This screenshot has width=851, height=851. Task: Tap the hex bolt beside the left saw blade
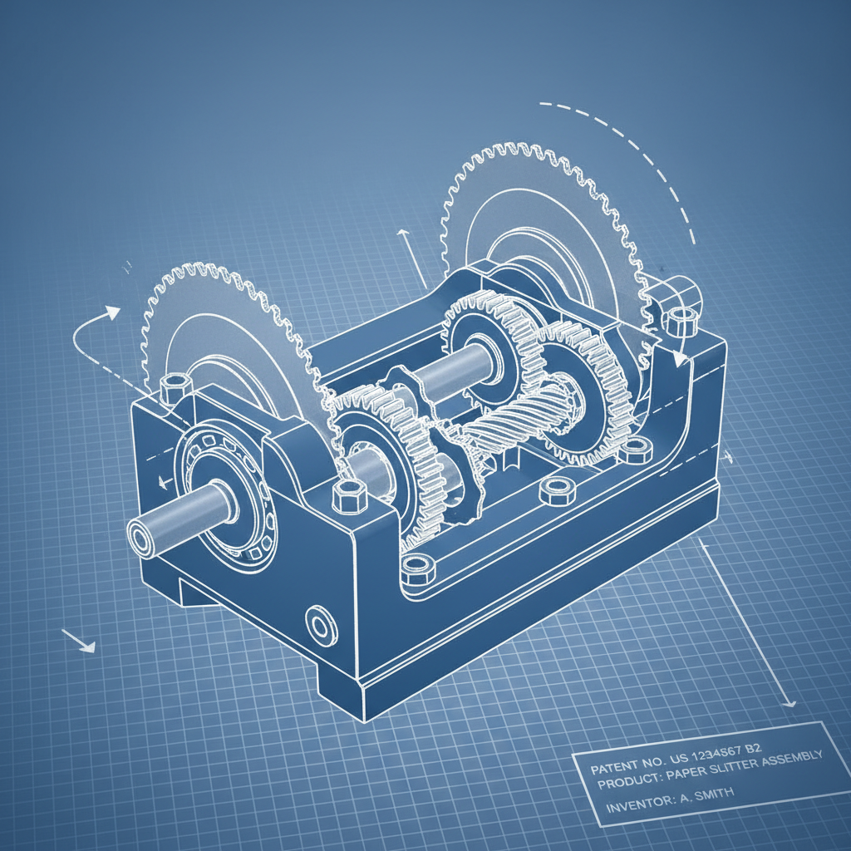175,387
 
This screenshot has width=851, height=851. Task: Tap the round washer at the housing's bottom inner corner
416,568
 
